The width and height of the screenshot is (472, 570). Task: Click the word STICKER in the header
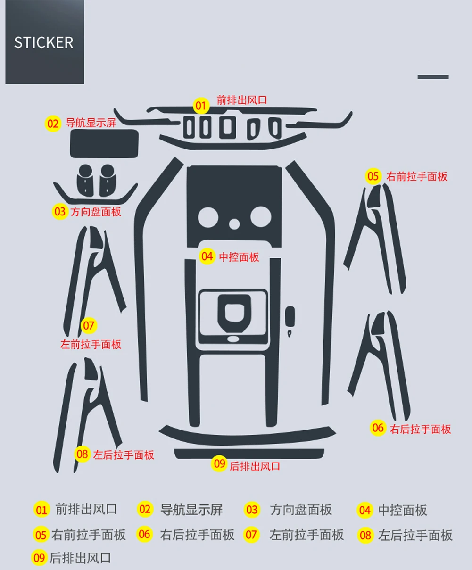coord(43,42)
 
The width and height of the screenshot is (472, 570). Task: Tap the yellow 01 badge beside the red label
coord(201,106)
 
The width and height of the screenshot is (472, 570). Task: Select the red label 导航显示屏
coord(91,123)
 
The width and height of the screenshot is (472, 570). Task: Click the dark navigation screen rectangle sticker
coord(104,143)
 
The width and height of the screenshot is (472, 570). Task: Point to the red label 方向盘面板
coord(96,211)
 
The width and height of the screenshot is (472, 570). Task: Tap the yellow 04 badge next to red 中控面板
coord(207,256)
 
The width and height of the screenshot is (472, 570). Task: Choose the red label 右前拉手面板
coord(417,177)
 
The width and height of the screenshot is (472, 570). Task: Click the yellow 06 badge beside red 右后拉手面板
coord(378,428)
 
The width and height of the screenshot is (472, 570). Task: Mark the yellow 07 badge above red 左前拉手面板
coord(89,325)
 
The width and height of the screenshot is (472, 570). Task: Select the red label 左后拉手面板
coord(124,455)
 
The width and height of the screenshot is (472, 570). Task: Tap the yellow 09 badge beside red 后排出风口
coord(220,464)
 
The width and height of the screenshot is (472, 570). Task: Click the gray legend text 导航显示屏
coord(191,510)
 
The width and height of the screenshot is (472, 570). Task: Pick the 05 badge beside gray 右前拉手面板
coord(41,535)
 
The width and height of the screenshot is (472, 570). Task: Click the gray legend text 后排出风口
coord(80,558)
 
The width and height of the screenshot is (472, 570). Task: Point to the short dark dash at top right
coord(433,77)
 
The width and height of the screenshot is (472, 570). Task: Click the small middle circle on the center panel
coord(234,223)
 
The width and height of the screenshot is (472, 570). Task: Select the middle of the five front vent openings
coord(227,128)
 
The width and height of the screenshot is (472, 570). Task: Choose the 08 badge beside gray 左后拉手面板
coord(365,535)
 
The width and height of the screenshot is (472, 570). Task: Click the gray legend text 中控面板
coord(402,510)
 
